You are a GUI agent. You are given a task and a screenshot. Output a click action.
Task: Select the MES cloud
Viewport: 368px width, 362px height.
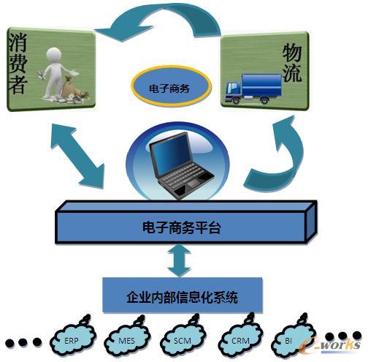[x=126, y=339]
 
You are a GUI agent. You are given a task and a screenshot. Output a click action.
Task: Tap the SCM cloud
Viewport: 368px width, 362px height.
[x=180, y=339]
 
